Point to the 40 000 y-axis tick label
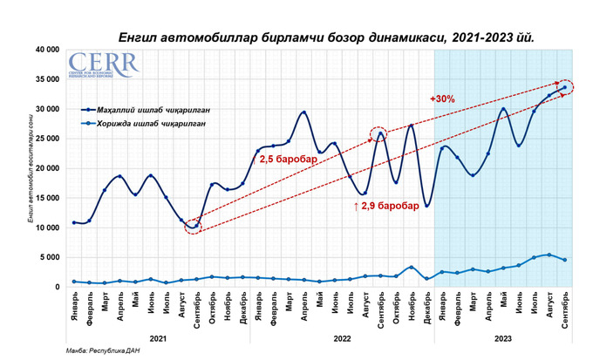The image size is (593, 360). [47, 50]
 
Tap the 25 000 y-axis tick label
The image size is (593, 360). [47, 139]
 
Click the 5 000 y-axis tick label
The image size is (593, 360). [50, 257]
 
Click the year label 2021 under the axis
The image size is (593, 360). [158, 337]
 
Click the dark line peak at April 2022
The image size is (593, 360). [303, 112]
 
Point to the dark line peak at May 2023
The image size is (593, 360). [503, 109]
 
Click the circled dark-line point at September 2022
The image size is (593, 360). [380, 133]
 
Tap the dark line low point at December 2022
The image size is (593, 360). [426, 206]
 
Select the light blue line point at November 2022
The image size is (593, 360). [411, 268]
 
